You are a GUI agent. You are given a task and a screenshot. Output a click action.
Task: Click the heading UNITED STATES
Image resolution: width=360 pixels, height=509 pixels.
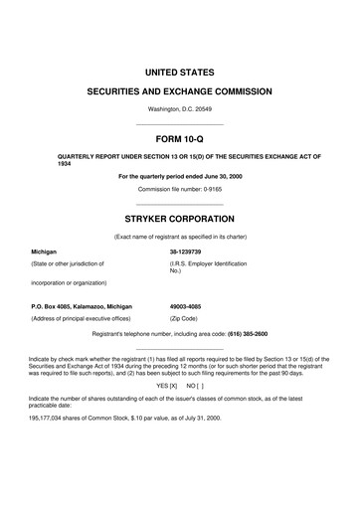pyautogui.click(x=180, y=73)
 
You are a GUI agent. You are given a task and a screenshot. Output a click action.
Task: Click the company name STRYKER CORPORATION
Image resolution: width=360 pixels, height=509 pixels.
pyautogui.click(x=180, y=215)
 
